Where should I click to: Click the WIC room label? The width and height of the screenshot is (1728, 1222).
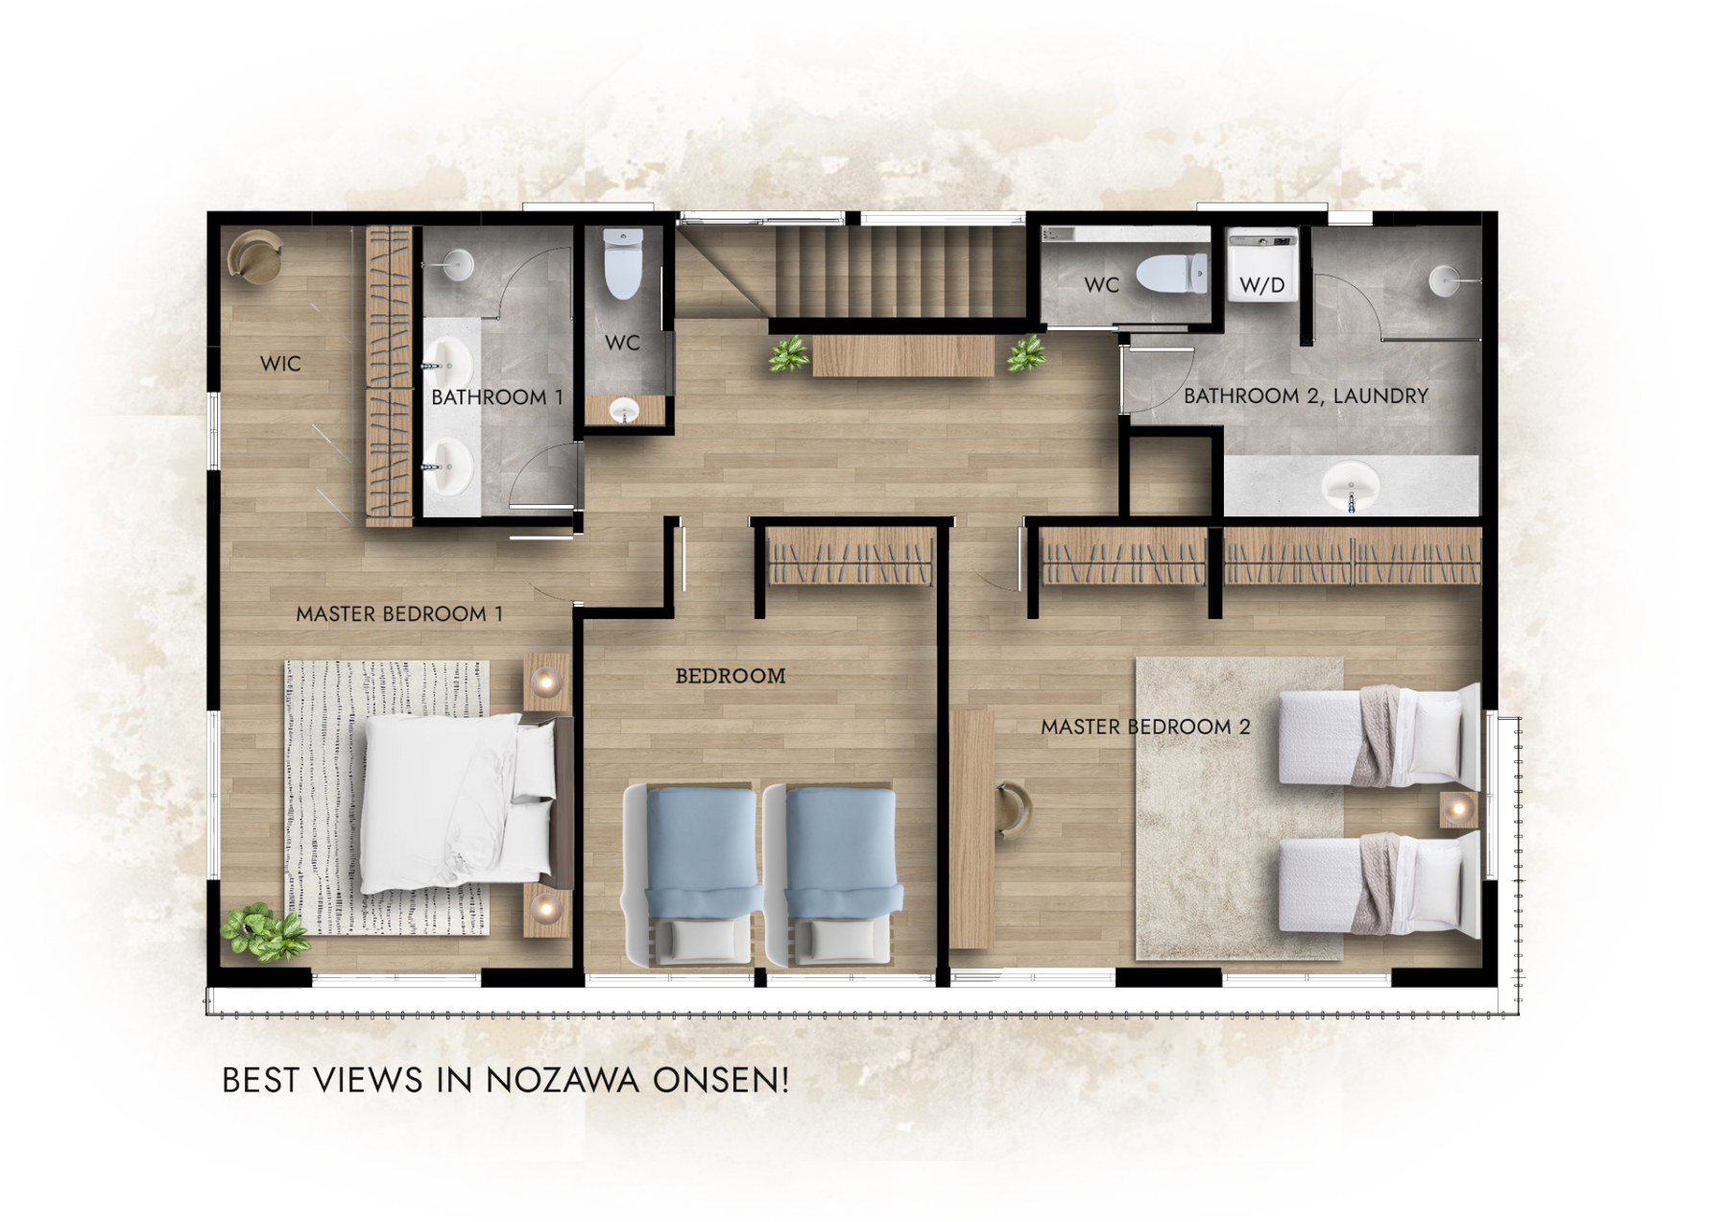point(280,364)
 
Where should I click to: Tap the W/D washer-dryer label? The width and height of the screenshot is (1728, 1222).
point(1261,285)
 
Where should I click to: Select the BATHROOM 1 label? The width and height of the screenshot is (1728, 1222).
point(497,397)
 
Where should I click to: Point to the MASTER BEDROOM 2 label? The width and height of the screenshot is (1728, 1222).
point(1145,728)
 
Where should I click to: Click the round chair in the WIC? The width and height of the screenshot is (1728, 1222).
point(254,256)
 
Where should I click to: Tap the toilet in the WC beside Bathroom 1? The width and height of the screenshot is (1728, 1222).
point(623,263)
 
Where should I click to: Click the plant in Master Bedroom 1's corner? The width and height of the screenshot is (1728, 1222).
point(263,931)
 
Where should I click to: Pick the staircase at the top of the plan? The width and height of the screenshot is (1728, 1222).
point(899,271)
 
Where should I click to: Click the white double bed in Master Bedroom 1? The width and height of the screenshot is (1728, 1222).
point(461,803)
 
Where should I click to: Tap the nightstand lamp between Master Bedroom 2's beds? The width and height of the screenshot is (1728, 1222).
point(1458,809)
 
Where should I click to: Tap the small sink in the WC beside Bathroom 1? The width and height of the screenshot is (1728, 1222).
point(624,412)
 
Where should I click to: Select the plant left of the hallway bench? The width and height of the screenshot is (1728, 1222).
point(789,354)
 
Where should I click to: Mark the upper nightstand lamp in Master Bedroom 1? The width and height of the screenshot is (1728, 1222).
point(547,683)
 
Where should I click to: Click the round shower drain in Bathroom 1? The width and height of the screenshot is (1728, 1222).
point(459,264)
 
